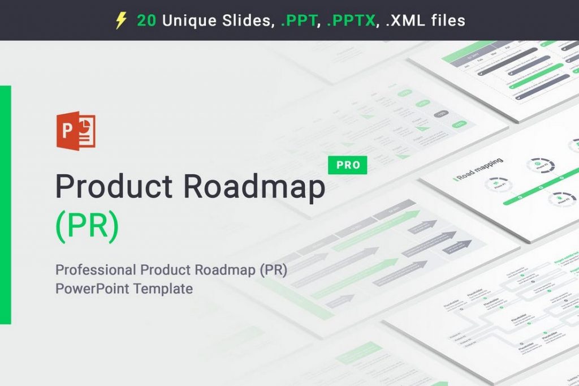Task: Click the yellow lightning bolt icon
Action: [121, 21]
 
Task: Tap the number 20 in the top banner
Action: [147, 21]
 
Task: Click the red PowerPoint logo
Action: [76, 131]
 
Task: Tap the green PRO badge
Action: [348, 165]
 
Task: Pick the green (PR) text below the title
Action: [88, 225]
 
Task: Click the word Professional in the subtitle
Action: [96, 270]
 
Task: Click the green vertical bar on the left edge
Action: [5, 204]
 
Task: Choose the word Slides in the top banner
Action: [244, 21]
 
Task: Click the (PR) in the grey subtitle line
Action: [274, 270]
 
